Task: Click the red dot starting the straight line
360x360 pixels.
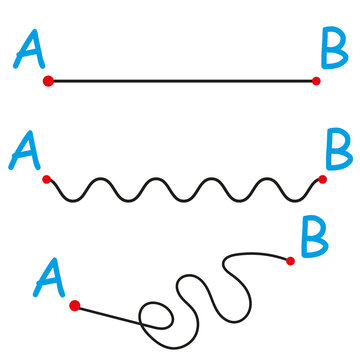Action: [x=47, y=80]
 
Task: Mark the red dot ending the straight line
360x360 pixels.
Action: [x=316, y=80]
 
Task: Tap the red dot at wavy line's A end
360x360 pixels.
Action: [x=46, y=180]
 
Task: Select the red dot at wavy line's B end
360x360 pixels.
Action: [x=322, y=179]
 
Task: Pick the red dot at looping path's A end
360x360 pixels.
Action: [x=73, y=302]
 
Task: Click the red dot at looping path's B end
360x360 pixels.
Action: [x=290, y=261]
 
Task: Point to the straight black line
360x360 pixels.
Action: [x=180, y=80]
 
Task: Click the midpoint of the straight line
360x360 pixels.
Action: [x=181, y=80]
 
